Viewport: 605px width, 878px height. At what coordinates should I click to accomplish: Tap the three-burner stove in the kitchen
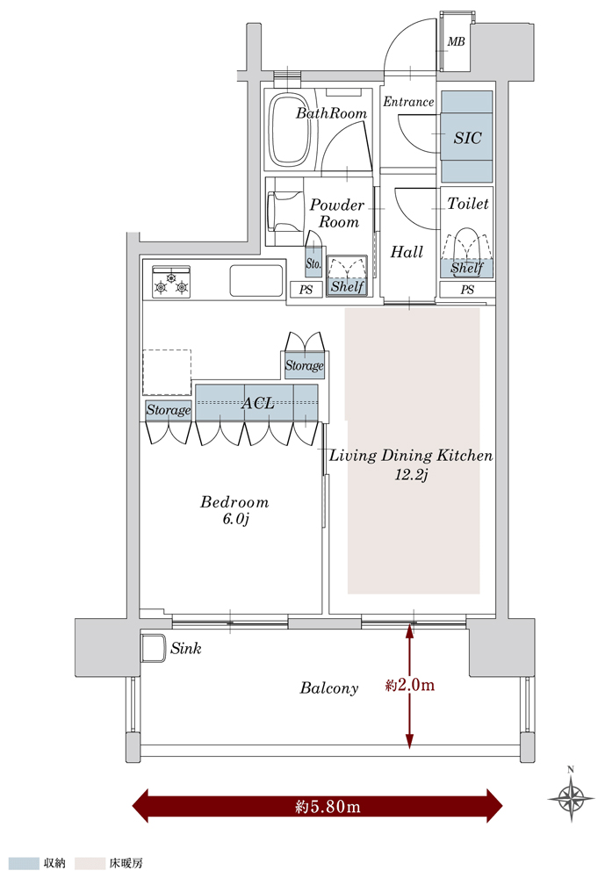click(x=171, y=281)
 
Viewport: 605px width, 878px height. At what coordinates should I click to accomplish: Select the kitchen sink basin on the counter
click(x=256, y=281)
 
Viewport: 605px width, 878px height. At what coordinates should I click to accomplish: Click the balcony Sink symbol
click(x=153, y=649)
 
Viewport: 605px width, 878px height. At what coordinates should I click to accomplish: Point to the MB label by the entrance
click(x=456, y=41)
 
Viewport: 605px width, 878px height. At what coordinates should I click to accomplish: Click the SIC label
click(x=467, y=138)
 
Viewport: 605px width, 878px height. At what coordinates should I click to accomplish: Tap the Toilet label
click(x=468, y=204)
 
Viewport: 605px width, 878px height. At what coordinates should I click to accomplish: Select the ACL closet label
click(x=257, y=403)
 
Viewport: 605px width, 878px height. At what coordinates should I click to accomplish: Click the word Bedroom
click(x=234, y=501)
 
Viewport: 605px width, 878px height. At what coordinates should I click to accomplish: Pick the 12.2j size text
click(x=411, y=475)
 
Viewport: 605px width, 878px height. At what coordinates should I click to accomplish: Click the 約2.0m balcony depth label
click(x=409, y=685)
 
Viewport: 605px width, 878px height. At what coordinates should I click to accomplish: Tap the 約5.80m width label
click(x=328, y=806)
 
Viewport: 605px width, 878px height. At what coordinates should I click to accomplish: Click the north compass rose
click(x=571, y=795)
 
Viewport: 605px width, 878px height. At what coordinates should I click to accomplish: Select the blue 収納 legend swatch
click(x=25, y=863)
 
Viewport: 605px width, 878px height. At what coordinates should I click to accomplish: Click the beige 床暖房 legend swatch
click(x=90, y=863)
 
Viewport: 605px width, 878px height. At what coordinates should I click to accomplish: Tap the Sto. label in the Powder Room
click(x=313, y=263)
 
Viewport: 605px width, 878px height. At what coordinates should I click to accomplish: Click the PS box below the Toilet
click(x=467, y=290)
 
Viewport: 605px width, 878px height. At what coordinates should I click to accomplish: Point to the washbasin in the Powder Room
click(x=285, y=212)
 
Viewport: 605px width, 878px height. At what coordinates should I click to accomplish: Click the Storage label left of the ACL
click(x=168, y=410)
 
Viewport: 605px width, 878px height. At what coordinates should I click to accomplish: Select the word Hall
click(x=407, y=252)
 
